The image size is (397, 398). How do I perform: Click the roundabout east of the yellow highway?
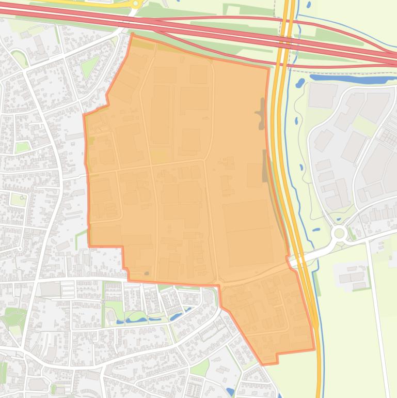[x=339, y=233]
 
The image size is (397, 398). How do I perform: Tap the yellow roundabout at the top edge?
[x=136, y=4]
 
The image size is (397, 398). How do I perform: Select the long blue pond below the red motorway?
[x=351, y=79]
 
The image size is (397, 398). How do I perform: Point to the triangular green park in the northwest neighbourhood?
[x=89, y=66]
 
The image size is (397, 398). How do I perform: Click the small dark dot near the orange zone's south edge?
[x=147, y=273]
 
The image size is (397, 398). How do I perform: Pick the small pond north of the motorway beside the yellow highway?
[x=309, y=5]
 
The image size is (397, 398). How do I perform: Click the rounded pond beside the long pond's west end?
[x=300, y=82]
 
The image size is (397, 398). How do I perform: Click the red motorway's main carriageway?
[x=207, y=31]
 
